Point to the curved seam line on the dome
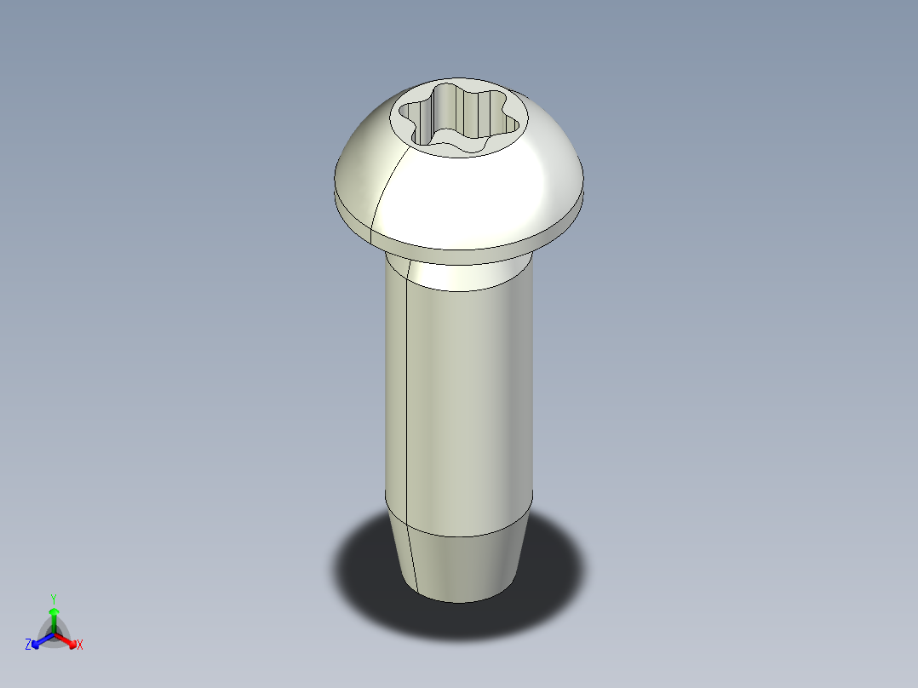point(383,187)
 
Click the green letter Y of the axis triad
point(54,598)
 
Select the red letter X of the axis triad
point(79,645)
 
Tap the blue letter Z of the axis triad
point(28,645)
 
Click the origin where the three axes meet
point(54,634)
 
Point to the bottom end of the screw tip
point(460,600)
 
